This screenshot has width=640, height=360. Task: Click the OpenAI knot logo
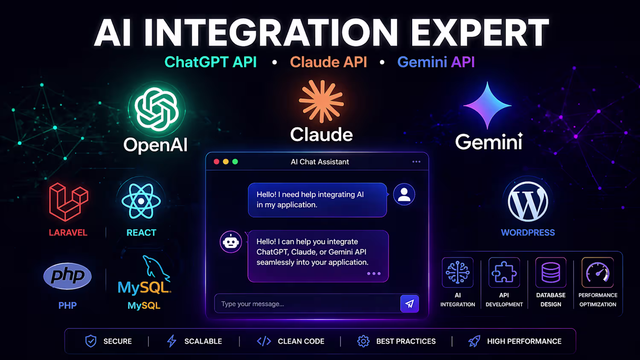(x=157, y=109)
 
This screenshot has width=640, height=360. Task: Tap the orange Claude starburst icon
(x=321, y=102)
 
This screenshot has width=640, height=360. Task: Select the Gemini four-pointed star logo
(x=487, y=105)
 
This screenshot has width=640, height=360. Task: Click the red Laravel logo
(x=69, y=202)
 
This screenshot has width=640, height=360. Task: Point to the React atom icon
(x=141, y=201)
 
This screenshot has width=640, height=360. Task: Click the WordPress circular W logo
(x=528, y=202)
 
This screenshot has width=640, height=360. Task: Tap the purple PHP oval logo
(x=67, y=276)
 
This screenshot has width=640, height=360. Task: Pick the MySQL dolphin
(x=156, y=267)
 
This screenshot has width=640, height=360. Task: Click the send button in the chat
(x=410, y=304)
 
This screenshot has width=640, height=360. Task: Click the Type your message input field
(x=308, y=304)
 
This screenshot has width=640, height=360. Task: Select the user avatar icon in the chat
(x=404, y=194)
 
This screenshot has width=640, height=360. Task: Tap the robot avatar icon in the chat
(x=230, y=242)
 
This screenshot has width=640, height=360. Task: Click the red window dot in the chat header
(x=217, y=162)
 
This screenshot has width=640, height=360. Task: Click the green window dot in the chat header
(x=235, y=162)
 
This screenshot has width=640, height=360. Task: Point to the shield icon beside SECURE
(x=91, y=341)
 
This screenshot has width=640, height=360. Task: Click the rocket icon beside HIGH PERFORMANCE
(x=474, y=341)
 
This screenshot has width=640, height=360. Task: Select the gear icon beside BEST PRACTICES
(x=363, y=341)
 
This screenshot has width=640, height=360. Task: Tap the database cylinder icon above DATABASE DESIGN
(x=551, y=273)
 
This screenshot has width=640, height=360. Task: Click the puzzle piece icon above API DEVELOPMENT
(x=504, y=273)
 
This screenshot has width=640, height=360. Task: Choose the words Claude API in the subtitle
(x=328, y=62)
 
